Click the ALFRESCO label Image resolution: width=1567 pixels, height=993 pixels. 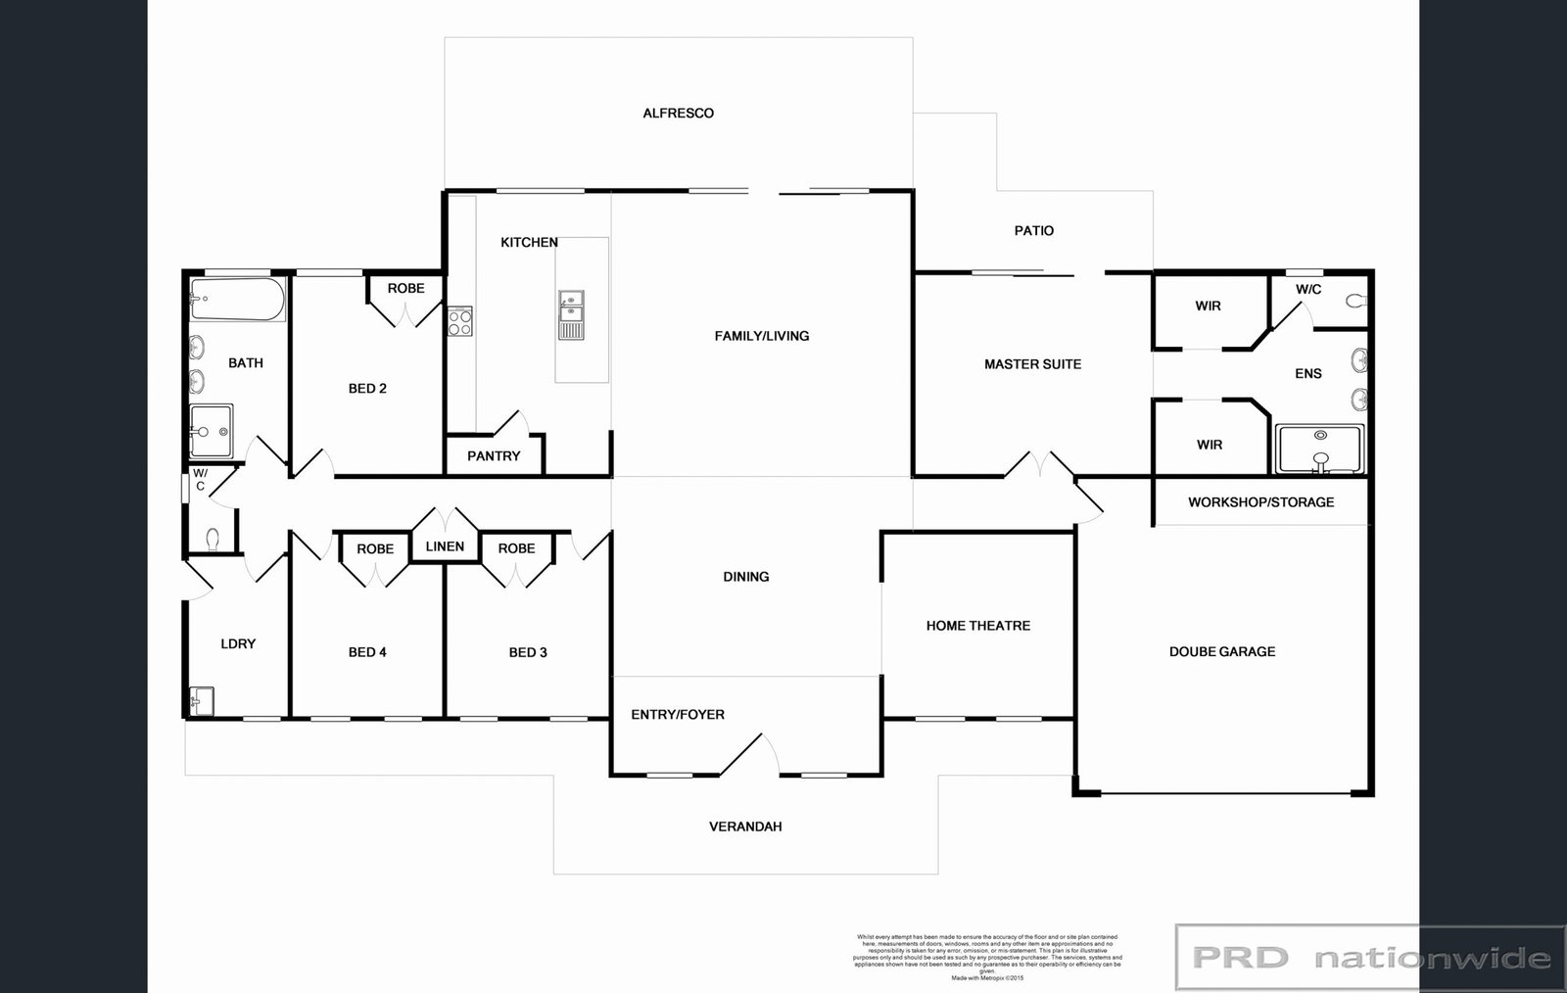point(678,113)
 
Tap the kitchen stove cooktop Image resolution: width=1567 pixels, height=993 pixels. point(459,321)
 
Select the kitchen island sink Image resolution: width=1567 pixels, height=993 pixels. point(571,315)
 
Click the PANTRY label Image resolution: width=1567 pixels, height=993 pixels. point(494,455)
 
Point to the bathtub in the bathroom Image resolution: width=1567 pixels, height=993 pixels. point(237,299)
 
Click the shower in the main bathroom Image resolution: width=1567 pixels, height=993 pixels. point(212,431)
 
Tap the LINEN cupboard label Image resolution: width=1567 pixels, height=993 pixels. point(445,545)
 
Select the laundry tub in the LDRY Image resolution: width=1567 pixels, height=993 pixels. point(202,701)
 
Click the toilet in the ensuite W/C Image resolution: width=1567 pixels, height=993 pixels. point(1355,302)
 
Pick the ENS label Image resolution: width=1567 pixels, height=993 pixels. point(1307,373)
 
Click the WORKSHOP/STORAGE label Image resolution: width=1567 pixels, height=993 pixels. point(1260,501)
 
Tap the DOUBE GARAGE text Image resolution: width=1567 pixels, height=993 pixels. point(1221,651)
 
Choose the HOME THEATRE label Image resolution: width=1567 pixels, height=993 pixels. point(977,625)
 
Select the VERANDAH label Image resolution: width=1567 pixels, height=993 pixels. point(744,826)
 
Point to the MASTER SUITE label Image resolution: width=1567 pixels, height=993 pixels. point(1032,363)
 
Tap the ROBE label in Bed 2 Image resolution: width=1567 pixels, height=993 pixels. point(405,288)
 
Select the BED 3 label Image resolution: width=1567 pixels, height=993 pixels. point(528,651)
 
